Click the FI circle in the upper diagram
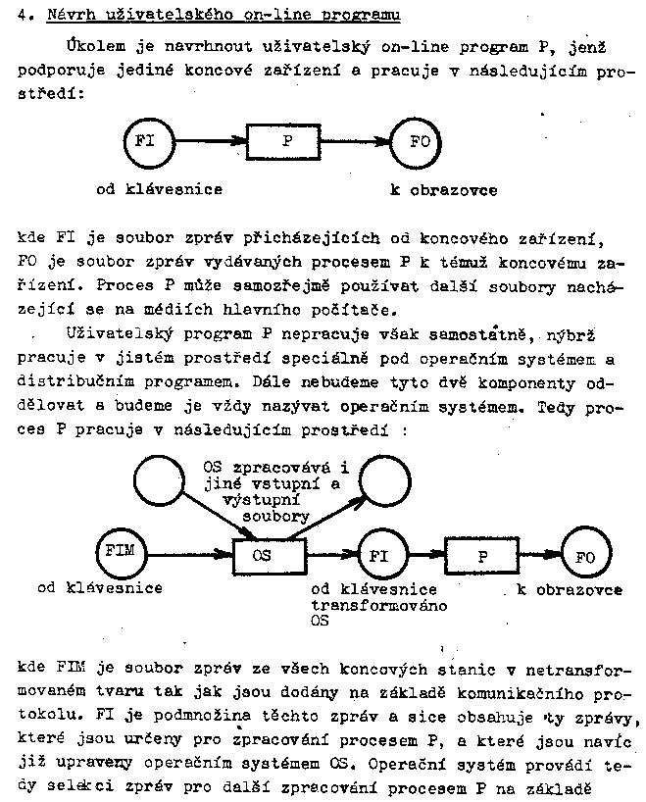point(146,140)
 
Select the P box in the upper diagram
point(286,140)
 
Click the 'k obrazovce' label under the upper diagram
point(443,189)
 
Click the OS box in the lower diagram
point(262,555)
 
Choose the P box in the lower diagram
point(482,555)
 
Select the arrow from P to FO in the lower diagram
point(538,555)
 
